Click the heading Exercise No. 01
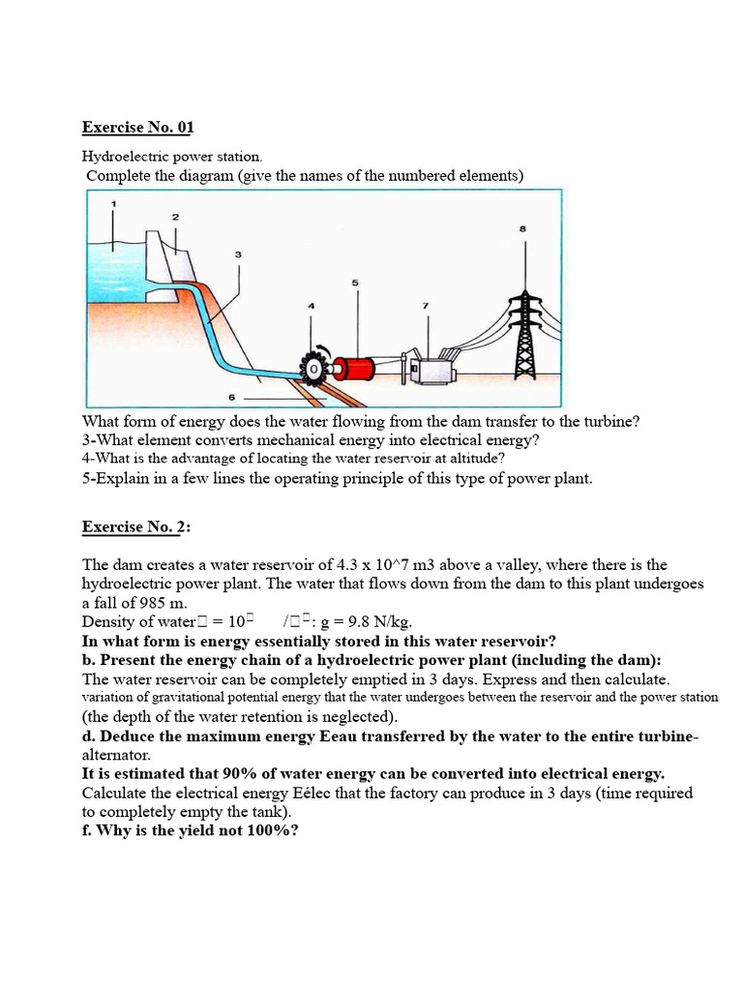pyautogui.click(x=138, y=127)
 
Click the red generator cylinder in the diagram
pyautogui.click(x=355, y=368)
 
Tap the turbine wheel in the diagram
pyautogui.click(x=315, y=369)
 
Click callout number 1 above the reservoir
pyautogui.click(x=114, y=203)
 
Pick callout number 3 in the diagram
pyautogui.click(x=238, y=254)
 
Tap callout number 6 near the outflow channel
pyautogui.click(x=231, y=397)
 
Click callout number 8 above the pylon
pyautogui.click(x=523, y=228)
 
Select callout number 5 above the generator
pyautogui.click(x=355, y=283)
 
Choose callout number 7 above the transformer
pyautogui.click(x=426, y=306)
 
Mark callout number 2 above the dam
pyautogui.click(x=175, y=217)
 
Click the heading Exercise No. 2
pyautogui.click(x=136, y=526)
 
